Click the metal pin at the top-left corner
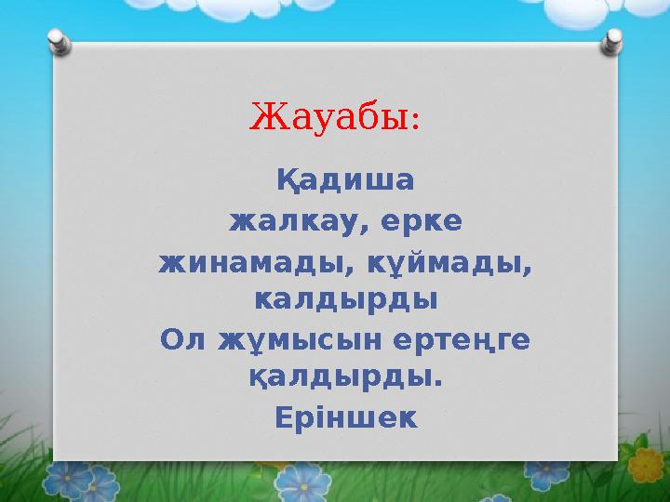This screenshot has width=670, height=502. pyautogui.click(x=58, y=41)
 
